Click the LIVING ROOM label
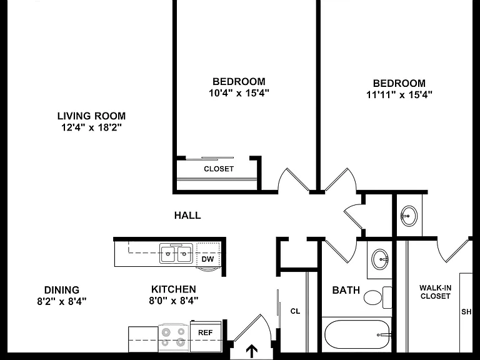pyautogui.click(x=91, y=116)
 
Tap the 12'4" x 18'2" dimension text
pyautogui.click(x=91, y=127)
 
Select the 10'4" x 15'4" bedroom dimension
pyautogui.click(x=239, y=92)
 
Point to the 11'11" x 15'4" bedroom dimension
pyautogui.click(x=399, y=94)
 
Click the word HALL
pyautogui.click(x=187, y=216)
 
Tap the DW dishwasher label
pyautogui.click(x=207, y=259)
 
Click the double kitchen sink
pyautogui.click(x=176, y=253)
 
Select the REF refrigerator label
pyautogui.click(x=205, y=332)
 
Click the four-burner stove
pyautogui.click(x=174, y=337)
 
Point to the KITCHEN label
pyautogui.click(x=174, y=289)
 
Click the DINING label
pyautogui.click(x=62, y=290)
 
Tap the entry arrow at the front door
pyautogui.click(x=252, y=351)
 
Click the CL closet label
pyautogui.click(x=295, y=311)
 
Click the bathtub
pyautogui.click(x=357, y=335)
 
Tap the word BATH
pyautogui.click(x=346, y=290)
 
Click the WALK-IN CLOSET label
pyautogui.click(x=435, y=292)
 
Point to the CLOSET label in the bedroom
pyautogui.click(x=219, y=169)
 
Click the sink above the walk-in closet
pyautogui.click(x=409, y=216)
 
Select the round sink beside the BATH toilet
pyautogui.click(x=380, y=259)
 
